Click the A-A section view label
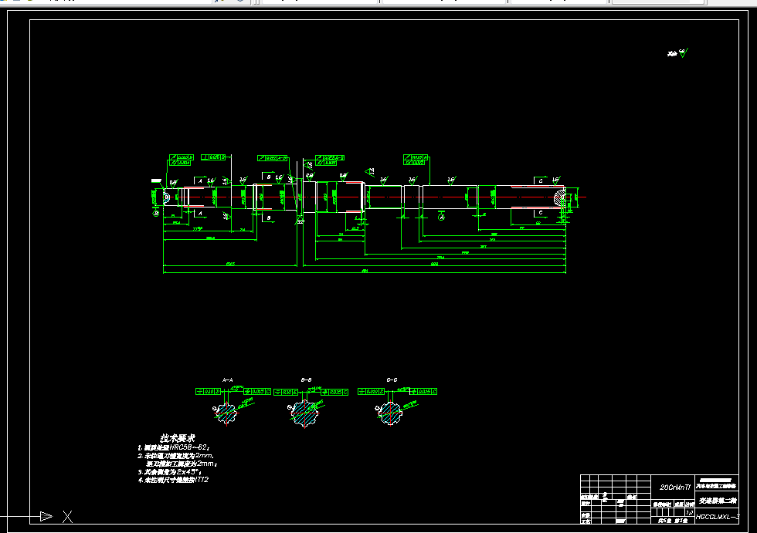point(228,380)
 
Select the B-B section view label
point(307,380)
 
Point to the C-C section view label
point(392,380)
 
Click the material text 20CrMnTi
point(676,487)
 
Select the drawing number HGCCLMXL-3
point(718,517)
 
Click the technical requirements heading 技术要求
point(177,437)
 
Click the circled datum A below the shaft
point(442,218)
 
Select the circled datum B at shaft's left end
point(156,212)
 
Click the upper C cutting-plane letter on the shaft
point(540,180)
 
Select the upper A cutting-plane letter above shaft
point(200,180)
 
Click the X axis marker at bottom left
point(67,516)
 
